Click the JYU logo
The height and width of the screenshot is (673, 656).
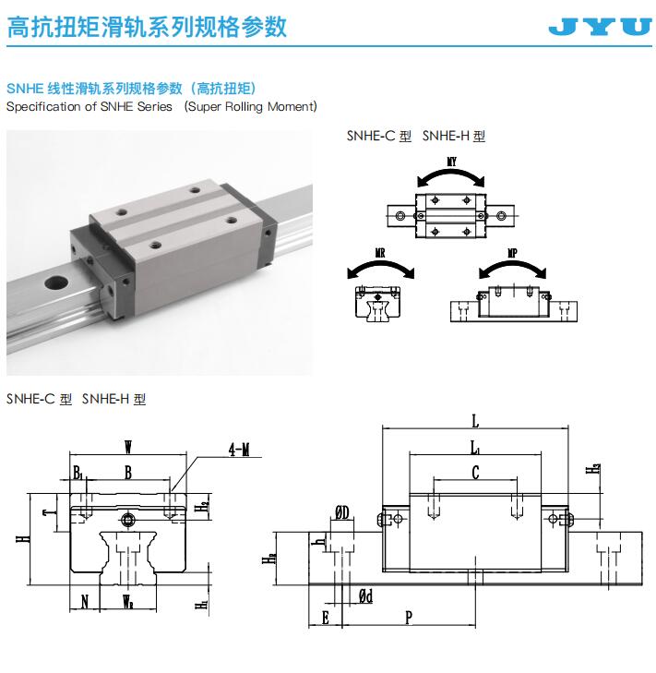(x=600, y=27)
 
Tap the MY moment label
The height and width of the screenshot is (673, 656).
(x=451, y=162)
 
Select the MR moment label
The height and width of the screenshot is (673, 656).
(x=380, y=253)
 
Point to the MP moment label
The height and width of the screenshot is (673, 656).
(x=512, y=253)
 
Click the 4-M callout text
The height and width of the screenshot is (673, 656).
(x=239, y=450)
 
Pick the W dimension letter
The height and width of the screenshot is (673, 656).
(x=128, y=447)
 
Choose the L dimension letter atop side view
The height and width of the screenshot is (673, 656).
(x=475, y=421)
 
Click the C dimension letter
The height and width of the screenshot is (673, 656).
(x=475, y=472)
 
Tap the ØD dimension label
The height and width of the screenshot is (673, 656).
(x=342, y=512)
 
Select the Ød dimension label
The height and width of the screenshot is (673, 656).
(x=365, y=595)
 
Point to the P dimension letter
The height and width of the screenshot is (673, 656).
(x=409, y=618)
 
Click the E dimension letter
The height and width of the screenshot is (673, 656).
(x=325, y=618)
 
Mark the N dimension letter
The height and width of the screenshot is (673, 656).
(x=85, y=602)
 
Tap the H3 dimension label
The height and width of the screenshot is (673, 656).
(x=593, y=469)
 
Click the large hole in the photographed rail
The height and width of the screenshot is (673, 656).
(x=56, y=282)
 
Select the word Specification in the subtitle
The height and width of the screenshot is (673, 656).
(x=43, y=106)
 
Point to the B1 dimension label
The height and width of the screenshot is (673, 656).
(x=78, y=473)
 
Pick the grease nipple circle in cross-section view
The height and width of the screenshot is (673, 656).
(x=127, y=520)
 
